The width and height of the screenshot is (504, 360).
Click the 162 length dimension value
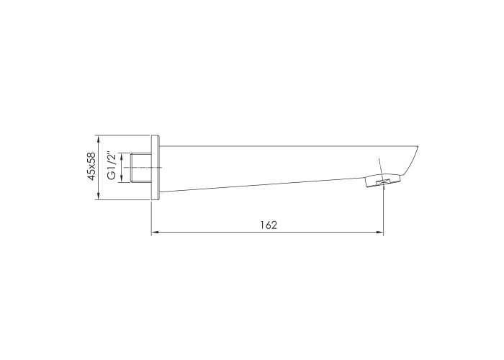point(269,225)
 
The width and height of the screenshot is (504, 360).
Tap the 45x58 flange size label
point(92,166)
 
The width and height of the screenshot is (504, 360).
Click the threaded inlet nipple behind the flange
point(141,168)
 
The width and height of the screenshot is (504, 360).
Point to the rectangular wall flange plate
point(155,168)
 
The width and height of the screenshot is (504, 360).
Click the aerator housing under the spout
point(383,181)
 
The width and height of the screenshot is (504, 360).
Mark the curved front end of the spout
point(411,161)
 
